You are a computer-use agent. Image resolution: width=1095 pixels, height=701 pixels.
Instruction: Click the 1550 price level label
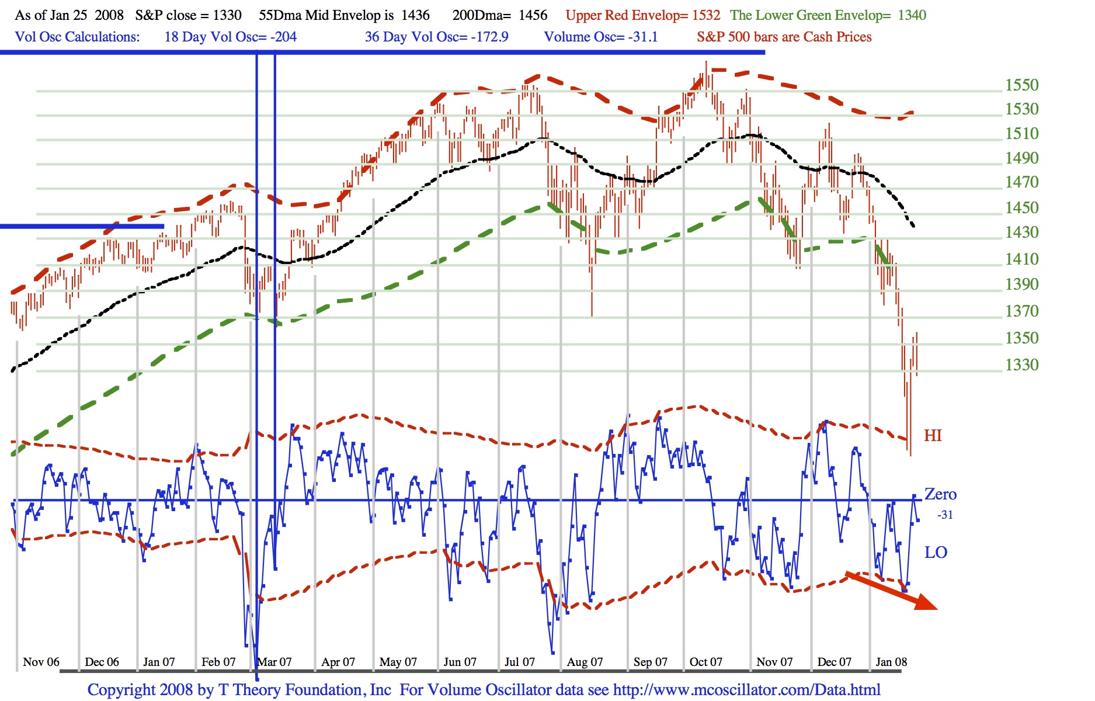coord(1021,85)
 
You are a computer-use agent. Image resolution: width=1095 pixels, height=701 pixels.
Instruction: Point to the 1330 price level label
coord(1021,365)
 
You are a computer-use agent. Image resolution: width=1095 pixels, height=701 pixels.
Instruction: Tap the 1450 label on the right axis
coord(1021,208)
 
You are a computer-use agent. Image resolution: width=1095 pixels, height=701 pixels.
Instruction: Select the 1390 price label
coord(1021,284)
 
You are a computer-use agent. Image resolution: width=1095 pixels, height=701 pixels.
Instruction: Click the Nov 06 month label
coord(41,662)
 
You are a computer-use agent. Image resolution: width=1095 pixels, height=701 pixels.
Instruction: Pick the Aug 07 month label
coord(585,662)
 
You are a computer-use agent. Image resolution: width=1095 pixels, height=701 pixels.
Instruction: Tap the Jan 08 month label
coord(891,662)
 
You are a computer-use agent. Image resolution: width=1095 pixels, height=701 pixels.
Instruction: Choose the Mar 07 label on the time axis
coord(274,662)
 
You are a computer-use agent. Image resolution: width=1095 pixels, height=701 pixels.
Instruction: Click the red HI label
coord(933,436)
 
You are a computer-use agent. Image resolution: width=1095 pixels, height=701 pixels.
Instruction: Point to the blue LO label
coord(936,553)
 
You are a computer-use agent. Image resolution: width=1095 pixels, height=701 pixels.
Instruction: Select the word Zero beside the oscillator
coord(940,495)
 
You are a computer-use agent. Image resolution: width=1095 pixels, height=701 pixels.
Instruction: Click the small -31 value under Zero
coord(945,515)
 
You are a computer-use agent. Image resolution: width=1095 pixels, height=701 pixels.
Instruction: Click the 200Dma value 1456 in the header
coord(533,15)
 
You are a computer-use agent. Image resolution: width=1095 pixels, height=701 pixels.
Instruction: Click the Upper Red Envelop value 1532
coord(706,15)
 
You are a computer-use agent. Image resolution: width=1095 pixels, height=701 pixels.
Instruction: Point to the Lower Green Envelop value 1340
coord(912,15)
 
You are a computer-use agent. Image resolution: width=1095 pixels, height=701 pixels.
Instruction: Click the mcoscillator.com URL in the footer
coord(746,690)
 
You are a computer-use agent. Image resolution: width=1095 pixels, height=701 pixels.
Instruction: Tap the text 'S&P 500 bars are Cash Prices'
coord(784,37)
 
